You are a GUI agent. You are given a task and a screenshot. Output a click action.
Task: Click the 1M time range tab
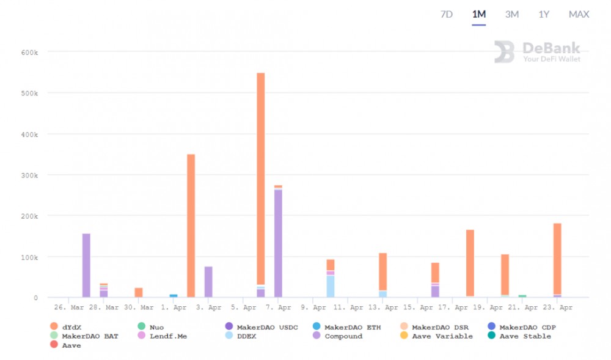click(479, 14)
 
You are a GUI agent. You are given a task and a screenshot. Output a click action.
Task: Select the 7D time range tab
click(447, 14)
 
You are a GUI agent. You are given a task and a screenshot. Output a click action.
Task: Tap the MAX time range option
click(579, 14)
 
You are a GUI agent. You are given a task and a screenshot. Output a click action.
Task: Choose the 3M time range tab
click(512, 14)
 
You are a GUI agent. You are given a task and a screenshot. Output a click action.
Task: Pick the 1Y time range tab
click(544, 14)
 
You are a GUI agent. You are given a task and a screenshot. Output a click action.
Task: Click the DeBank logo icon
click(504, 52)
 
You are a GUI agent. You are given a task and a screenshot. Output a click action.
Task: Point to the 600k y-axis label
click(29, 53)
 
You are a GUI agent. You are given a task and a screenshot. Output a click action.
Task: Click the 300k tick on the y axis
click(29, 175)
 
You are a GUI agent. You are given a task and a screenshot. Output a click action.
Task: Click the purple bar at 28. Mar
click(86, 265)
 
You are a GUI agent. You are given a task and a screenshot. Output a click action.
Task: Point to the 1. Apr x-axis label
click(174, 308)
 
